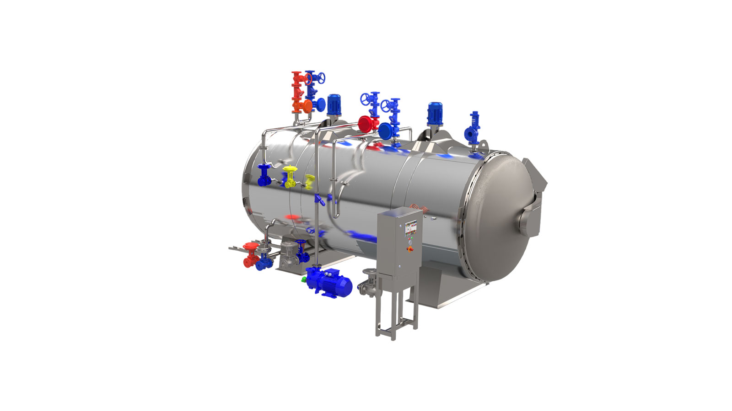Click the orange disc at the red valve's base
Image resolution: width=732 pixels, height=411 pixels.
[x=305, y=106]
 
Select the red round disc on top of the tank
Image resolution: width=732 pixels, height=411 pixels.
[x=366, y=123]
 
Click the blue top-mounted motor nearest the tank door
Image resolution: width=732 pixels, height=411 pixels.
[x=435, y=113]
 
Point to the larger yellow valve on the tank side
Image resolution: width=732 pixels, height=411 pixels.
[x=289, y=177]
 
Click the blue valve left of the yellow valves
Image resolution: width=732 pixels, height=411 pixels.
[x=264, y=176]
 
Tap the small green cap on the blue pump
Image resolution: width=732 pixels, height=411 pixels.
[x=304, y=279]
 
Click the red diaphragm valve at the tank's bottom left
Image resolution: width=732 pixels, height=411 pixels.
[x=250, y=254]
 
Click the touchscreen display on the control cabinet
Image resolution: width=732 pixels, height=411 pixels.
[x=411, y=227]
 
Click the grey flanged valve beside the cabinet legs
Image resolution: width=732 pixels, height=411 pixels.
[x=369, y=283]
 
